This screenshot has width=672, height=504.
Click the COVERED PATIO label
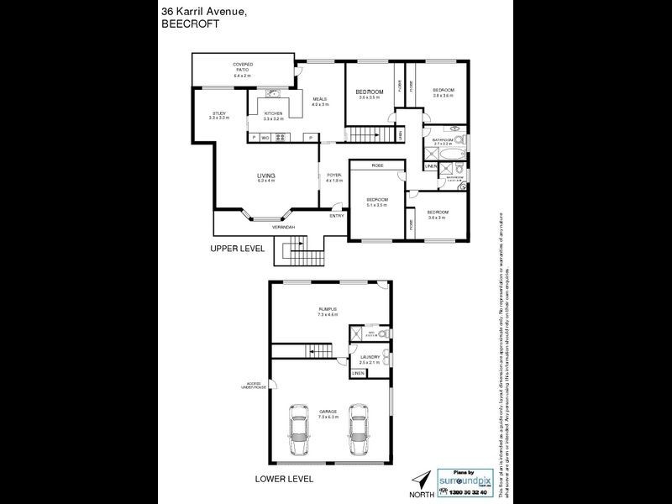click(x=243, y=66)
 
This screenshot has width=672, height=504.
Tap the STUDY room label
click(x=219, y=113)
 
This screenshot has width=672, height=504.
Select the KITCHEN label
click(x=274, y=113)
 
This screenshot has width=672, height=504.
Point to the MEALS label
click(x=319, y=99)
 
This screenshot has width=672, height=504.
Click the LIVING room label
click(x=266, y=175)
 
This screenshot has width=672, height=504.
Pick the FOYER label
click(x=333, y=175)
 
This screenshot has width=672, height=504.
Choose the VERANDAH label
click(x=283, y=228)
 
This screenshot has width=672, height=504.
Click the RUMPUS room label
click(x=328, y=309)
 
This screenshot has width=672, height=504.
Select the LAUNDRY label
click(x=370, y=357)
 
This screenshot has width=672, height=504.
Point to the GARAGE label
click(x=328, y=411)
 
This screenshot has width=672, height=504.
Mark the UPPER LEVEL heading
click(x=238, y=249)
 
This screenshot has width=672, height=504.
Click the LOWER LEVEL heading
click(x=284, y=479)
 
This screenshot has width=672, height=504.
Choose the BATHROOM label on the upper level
click(x=443, y=140)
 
